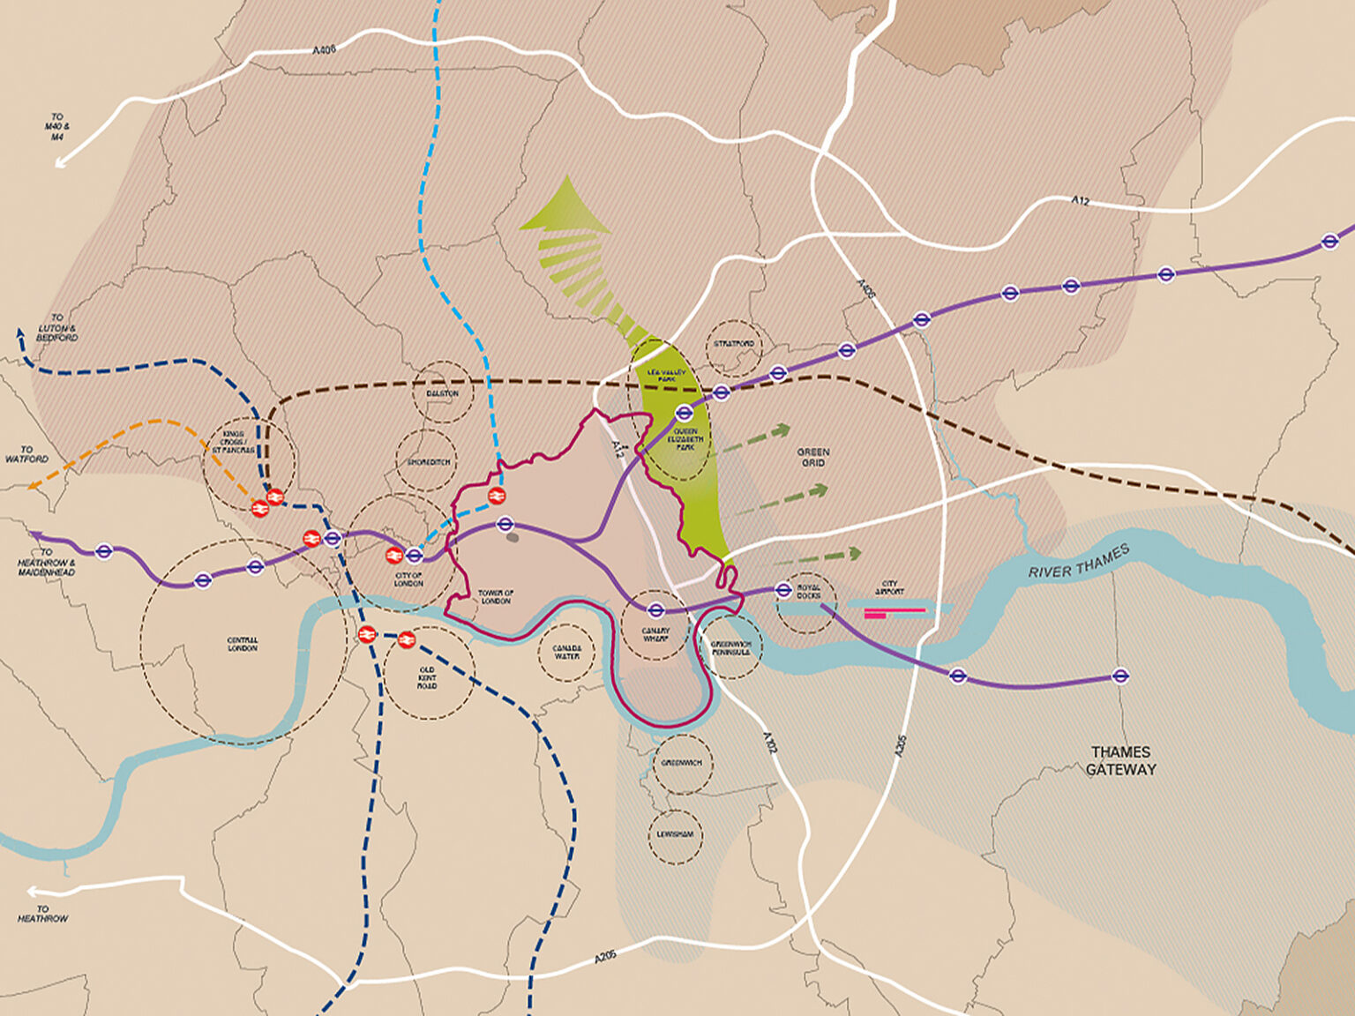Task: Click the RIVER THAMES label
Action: click(1078, 561)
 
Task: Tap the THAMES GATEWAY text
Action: click(1120, 760)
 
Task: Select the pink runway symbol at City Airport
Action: click(895, 612)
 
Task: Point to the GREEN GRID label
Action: click(812, 457)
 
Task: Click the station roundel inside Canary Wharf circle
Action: click(655, 609)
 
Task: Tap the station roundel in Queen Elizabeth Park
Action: click(685, 411)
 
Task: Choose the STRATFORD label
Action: click(733, 343)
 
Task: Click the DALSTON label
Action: click(442, 393)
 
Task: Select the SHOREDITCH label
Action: click(428, 462)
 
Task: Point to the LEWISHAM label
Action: click(675, 834)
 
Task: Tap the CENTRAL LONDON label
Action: click(243, 644)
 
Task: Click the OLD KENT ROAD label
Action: click(427, 677)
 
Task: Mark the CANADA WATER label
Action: click(566, 652)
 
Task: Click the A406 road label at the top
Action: click(325, 50)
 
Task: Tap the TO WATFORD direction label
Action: click(26, 454)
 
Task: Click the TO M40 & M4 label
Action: click(57, 126)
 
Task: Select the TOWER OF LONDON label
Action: click(496, 597)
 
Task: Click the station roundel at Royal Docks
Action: click(782, 590)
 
